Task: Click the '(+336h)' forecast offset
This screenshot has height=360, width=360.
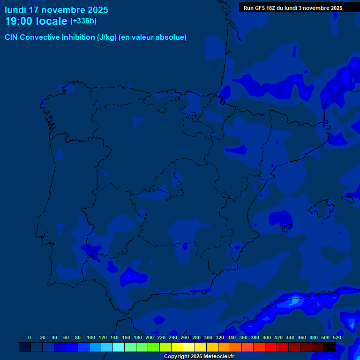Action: [83, 21]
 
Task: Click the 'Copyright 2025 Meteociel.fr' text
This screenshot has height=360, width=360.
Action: [199, 356]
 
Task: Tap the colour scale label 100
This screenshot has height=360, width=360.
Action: [90, 337]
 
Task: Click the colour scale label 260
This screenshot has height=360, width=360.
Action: [184, 337]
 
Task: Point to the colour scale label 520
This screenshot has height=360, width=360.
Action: [337, 337]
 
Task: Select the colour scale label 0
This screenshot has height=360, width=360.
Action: [30, 337]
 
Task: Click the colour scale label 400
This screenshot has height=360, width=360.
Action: [266, 337]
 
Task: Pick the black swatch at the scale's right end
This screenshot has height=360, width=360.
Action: [330, 347]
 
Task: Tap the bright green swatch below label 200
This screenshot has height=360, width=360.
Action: [154, 347]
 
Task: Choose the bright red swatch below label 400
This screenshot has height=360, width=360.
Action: [271, 347]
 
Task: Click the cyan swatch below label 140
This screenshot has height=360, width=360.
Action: [119, 347]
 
